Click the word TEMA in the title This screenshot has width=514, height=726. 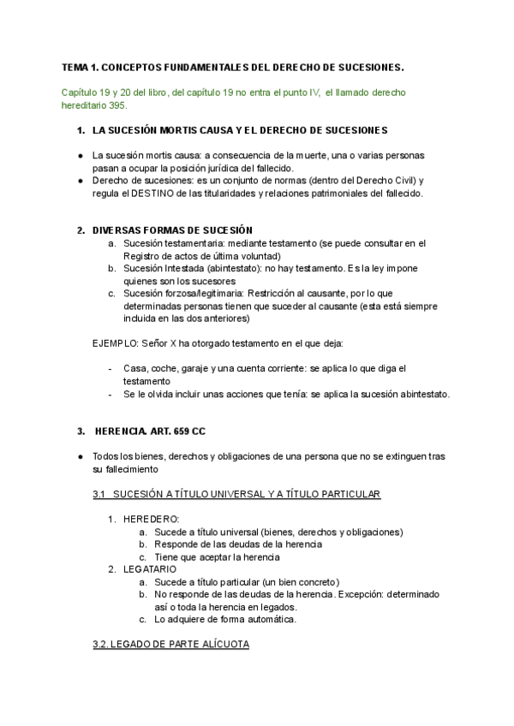[x=75, y=67]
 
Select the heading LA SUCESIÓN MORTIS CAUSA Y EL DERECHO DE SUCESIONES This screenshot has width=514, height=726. [x=240, y=130]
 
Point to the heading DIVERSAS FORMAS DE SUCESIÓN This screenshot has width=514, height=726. [x=172, y=230]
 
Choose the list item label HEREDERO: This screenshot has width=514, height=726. [x=152, y=519]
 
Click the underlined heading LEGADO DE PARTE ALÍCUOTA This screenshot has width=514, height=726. [x=171, y=644]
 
